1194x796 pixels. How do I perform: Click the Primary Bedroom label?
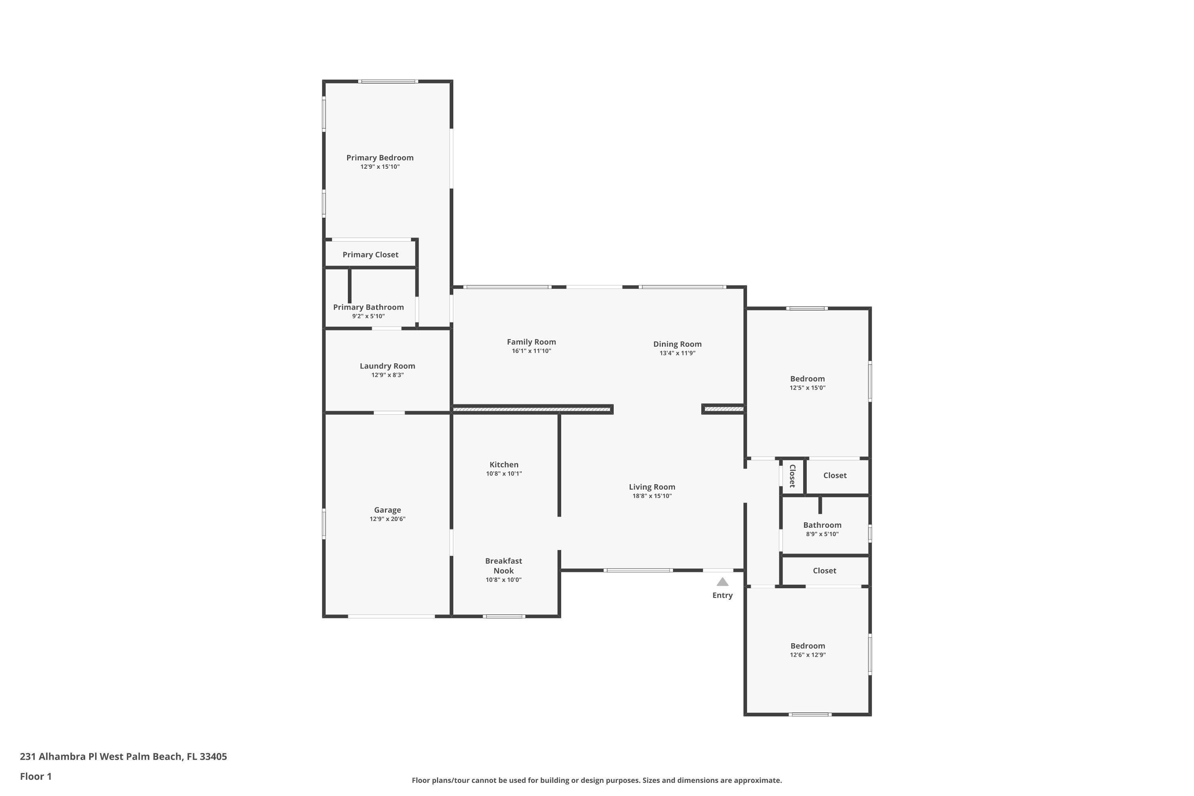click(380, 157)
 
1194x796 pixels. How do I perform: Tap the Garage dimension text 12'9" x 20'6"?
click(387, 519)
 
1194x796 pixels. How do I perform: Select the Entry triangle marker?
click(722, 582)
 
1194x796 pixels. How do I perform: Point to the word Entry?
click(722, 595)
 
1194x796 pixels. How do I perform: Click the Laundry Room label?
click(387, 366)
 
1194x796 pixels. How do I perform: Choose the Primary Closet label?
click(370, 254)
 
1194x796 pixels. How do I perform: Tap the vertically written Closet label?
click(792, 476)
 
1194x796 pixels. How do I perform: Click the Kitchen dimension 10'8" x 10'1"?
click(503, 474)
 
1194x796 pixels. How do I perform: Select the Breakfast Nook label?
click(503, 566)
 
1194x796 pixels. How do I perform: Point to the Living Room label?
click(652, 487)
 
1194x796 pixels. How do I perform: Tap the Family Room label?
click(531, 341)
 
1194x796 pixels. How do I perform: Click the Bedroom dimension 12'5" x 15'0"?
click(807, 388)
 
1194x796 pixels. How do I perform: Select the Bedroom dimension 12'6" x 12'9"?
click(808, 655)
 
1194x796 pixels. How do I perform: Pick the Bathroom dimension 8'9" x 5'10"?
click(822, 534)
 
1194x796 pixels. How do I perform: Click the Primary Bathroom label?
click(368, 307)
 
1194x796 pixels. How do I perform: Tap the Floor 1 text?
click(35, 776)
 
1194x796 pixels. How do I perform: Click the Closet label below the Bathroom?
click(824, 571)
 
